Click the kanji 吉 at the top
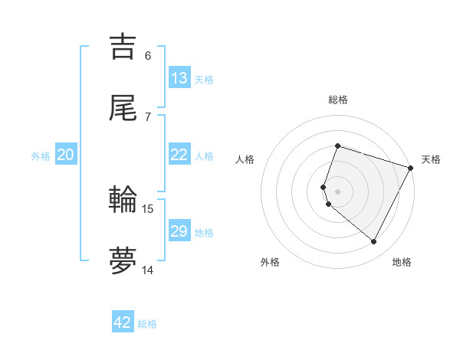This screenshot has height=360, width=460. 123,47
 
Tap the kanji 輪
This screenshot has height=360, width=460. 123,199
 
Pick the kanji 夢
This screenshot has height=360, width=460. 123,260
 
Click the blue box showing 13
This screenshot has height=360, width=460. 179,78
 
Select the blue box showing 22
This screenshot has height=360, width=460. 179,155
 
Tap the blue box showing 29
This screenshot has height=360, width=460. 179,231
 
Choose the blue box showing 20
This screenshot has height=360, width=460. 66,155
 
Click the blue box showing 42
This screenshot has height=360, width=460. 123,322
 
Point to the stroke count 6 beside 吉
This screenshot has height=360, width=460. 148,56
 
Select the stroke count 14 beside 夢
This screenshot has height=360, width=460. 148,270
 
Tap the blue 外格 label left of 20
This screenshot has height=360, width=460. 41,155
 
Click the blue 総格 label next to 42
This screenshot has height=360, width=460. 147,323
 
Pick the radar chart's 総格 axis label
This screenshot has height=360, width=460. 338,100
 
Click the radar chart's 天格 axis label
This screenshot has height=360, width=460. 431,159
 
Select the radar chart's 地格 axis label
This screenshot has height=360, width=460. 402,262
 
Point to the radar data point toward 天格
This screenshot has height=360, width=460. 411,168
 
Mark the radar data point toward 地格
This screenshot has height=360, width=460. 374,242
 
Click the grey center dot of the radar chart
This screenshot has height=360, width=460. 338,191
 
